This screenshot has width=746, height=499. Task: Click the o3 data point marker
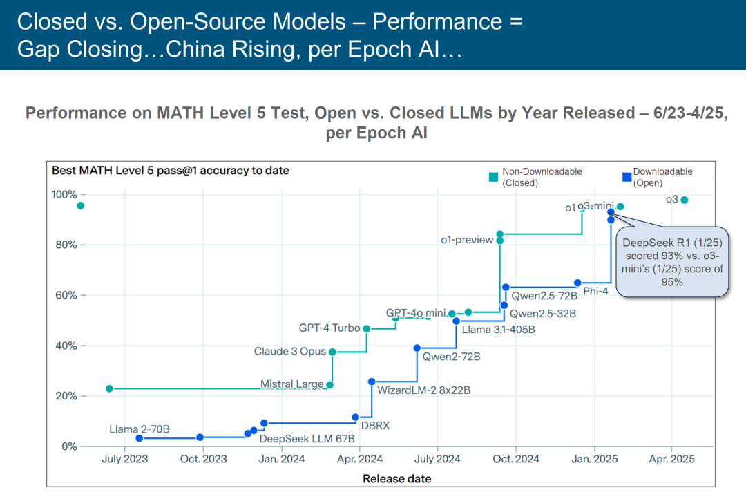point(685,200)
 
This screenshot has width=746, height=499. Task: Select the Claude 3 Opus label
point(289,352)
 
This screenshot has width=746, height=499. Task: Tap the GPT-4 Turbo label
point(329,328)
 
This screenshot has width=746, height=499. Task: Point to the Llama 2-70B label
point(139,429)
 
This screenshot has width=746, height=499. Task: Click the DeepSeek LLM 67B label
point(307,438)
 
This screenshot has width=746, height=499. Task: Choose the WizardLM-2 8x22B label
point(423,390)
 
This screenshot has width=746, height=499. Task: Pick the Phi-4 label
point(595,291)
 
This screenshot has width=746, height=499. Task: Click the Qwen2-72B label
point(451,357)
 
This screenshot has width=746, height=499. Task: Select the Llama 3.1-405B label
point(498,330)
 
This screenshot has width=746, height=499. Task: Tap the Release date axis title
point(396,478)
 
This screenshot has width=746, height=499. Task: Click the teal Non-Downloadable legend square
point(493,177)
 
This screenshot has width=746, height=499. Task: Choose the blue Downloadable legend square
point(627,177)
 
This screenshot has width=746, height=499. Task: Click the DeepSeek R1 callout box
point(672,262)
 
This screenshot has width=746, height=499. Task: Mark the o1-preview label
point(467,240)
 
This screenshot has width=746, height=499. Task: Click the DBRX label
point(375,426)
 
